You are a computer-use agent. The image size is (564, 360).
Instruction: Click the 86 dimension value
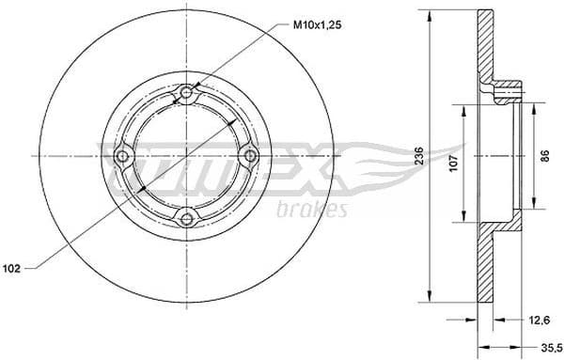542,157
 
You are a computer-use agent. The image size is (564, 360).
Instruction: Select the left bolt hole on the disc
123,155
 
